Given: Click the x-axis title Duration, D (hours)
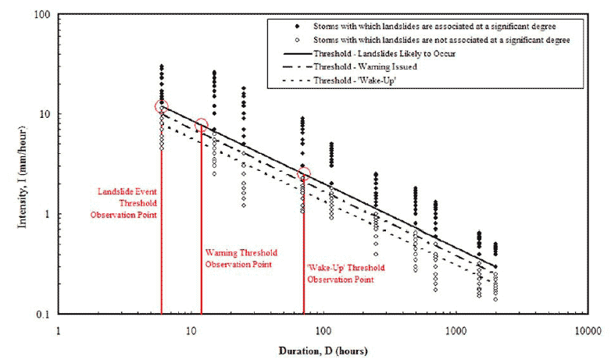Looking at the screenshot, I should [323, 351].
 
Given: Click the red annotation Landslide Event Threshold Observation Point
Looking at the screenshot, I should [127, 202].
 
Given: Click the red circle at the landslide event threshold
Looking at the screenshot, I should [161, 107].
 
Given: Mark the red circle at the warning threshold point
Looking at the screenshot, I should [201, 126].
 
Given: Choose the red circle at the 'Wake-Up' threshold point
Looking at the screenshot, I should [303, 173].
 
